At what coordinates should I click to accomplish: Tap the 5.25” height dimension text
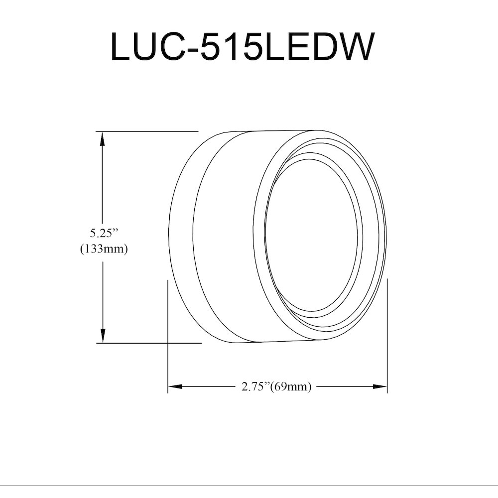[x=104, y=234]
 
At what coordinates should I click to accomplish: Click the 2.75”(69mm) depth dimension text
[x=276, y=387]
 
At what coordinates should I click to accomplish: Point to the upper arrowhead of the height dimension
[x=102, y=139]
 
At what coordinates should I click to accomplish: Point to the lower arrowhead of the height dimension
[x=102, y=335]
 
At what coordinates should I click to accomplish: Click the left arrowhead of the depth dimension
[x=175, y=386]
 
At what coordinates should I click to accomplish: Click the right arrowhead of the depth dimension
[x=379, y=386]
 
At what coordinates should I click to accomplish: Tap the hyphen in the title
[x=193, y=50]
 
